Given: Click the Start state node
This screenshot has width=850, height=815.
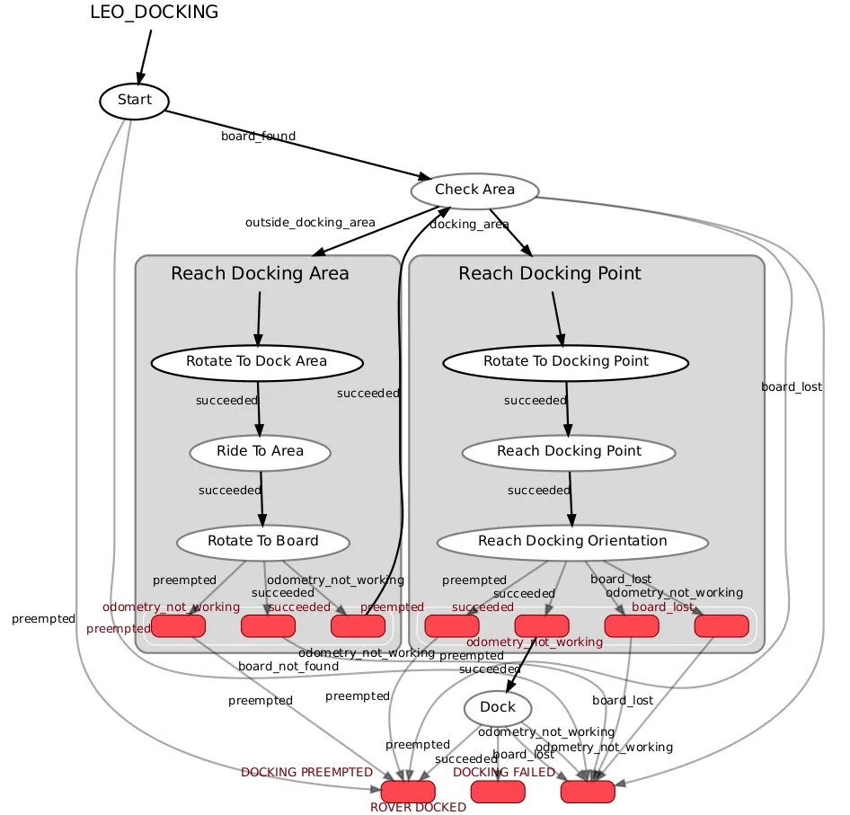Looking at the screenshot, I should tap(134, 100).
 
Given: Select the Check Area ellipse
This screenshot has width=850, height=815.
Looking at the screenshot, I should tap(474, 190).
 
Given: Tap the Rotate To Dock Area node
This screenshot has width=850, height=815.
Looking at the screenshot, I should tap(257, 361).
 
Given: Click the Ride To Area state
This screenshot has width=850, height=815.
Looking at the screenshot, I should tap(261, 451).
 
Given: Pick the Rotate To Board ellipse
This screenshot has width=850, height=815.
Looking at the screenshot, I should tap(262, 541).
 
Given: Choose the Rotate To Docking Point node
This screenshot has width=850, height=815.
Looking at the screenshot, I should tap(566, 361).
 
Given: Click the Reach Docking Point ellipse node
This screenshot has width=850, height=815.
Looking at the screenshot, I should tap(569, 451).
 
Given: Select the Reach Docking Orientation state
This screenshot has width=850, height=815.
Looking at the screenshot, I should tap(572, 541).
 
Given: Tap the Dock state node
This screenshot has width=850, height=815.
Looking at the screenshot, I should tap(498, 707).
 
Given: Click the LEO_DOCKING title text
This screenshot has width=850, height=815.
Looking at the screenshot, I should tap(154, 13).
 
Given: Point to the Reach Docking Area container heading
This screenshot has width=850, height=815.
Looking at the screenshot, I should tap(260, 273).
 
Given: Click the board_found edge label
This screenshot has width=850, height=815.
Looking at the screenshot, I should tap(258, 137).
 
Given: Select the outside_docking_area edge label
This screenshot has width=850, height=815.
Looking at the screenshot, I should tap(310, 222).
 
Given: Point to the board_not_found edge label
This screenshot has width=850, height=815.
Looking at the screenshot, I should tap(288, 667).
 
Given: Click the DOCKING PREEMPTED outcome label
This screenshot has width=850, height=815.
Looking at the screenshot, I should tap(306, 773).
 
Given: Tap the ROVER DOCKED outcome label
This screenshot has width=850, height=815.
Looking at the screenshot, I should tap(418, 807).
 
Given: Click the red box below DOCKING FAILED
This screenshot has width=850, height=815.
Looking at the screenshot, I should tap(498, 792).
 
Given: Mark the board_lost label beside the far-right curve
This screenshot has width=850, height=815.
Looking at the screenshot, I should tap(791, 387).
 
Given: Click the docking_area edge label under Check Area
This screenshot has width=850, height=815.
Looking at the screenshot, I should tap(469, 225).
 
